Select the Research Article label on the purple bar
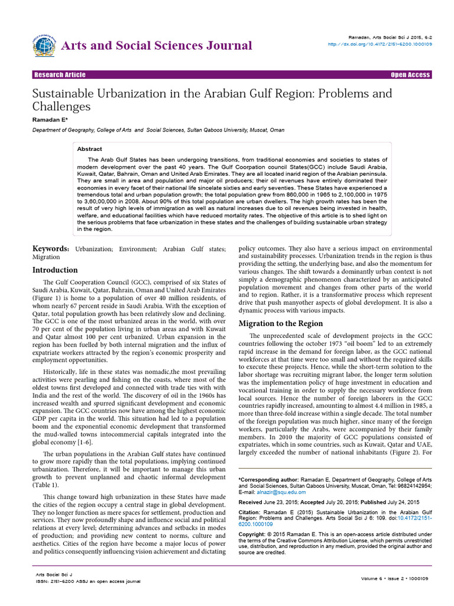pyautogui.click(x=60, y=75)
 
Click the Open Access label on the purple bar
pyautogui.click(x=410, y=75)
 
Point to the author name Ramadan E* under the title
pyautogui.click(x=50, y=120)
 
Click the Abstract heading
pyautogui.click(x=89, y=149)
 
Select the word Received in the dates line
pyautogui.click(x=250, y=501)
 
